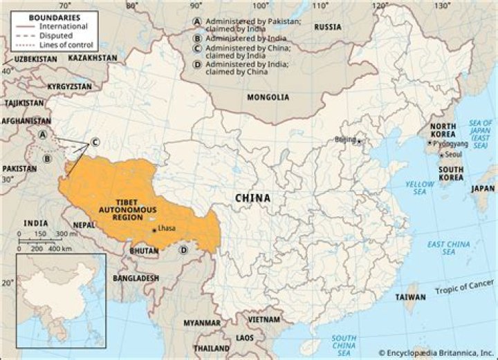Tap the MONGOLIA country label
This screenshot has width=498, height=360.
(x=268, y=97)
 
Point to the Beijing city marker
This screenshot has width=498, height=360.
(x=359, y=141)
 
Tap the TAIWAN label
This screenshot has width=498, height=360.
(x=410, y=297)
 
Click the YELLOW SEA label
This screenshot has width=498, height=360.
(x=419, y=189)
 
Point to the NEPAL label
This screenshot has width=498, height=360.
(x=84, y=225)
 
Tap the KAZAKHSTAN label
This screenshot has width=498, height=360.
(x=93, y=58)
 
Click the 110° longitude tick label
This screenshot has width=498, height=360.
(x=320, y=6)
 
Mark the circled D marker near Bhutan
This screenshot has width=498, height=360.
(x=184, y=249)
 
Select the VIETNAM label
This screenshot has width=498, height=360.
(x=264, y=320)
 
